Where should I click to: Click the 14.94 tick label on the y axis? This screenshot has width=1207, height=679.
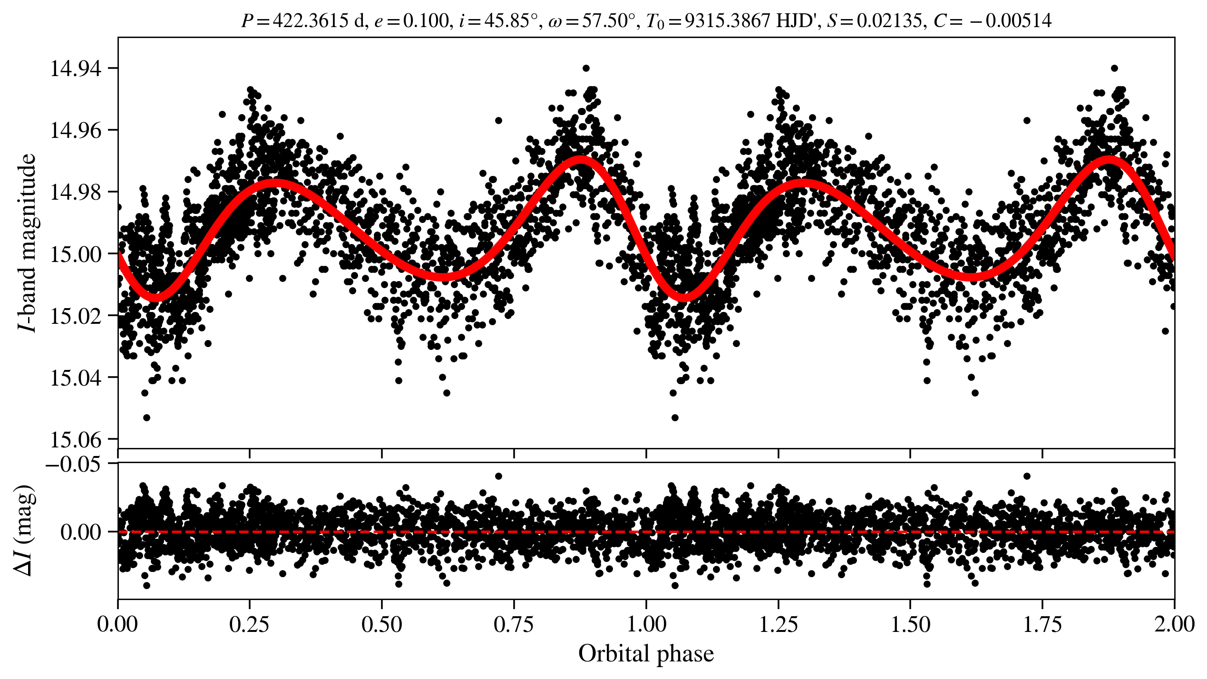(x=76, y=68)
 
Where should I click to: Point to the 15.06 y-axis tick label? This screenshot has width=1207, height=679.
(x=76, y=439)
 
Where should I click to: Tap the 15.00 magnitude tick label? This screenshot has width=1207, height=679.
(x=76, y=254)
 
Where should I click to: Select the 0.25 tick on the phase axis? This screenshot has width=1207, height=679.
(x=249, y=624)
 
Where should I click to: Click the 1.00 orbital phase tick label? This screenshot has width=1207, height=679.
(x=646, y=624)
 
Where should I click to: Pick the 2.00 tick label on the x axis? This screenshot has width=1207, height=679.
(x=1174, y=624)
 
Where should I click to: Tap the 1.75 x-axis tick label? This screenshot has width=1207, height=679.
(x=1042, y=624)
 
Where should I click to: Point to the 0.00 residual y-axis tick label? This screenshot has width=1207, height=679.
(x=81, y=532)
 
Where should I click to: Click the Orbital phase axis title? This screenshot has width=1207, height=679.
(x=646, y=654)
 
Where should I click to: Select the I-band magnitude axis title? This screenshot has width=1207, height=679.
(x=27, y=242)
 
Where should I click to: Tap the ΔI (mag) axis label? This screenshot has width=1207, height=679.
(x=25, y=531)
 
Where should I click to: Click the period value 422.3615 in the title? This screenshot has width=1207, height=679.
(x=311, y=21)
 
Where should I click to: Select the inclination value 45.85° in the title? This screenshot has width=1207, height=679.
(x=508, y=21)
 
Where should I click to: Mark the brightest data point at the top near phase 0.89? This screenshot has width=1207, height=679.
(x=586, y=68)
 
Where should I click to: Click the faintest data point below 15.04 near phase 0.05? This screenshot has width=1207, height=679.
(x=146, y=417)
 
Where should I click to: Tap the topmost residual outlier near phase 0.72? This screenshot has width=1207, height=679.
(x=498, y=476)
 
